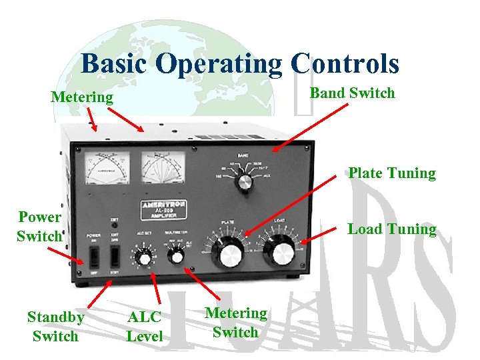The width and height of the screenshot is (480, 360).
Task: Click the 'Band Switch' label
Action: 352,93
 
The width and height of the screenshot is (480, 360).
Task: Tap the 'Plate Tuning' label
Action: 391,173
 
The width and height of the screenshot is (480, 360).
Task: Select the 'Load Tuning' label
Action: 391,229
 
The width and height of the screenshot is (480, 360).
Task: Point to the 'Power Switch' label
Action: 39,226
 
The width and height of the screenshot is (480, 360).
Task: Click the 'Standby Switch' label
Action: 55,326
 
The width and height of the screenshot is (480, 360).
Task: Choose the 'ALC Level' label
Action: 144,326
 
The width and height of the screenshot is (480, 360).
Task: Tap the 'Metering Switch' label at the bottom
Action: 235,322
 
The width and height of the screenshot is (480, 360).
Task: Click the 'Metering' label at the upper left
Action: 82,97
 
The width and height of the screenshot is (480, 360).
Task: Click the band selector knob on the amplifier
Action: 245,181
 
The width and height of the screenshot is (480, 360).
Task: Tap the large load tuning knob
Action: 282,253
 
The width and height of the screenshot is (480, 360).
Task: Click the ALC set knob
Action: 143,257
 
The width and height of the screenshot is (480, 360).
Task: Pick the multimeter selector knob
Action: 177,256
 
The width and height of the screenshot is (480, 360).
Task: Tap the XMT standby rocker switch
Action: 115,255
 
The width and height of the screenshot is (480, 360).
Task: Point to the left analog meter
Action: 107,167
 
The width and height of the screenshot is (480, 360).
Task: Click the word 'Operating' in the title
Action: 219,64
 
